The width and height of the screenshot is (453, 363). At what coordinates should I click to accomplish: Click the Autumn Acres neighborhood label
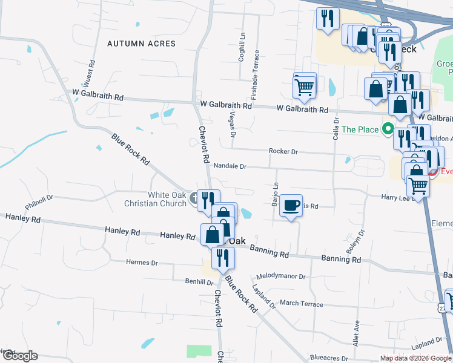click(141, 44)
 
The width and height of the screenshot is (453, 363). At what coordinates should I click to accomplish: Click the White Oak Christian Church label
click(168, 199)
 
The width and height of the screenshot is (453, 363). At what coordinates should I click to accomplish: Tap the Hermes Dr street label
click(142, 263)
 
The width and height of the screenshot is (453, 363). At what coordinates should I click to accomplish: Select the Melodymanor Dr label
click(280, 276)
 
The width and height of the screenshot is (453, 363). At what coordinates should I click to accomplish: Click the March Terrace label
click(302, 303)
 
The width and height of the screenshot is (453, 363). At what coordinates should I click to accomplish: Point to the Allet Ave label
click(356, 332)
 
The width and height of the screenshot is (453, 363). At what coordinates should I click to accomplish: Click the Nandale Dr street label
click(230, 166)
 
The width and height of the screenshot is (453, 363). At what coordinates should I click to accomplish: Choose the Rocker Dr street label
click(283, 151)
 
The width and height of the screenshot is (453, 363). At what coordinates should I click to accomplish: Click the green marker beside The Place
click(387, 129)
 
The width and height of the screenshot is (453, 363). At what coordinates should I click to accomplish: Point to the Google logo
click(20, 356)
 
